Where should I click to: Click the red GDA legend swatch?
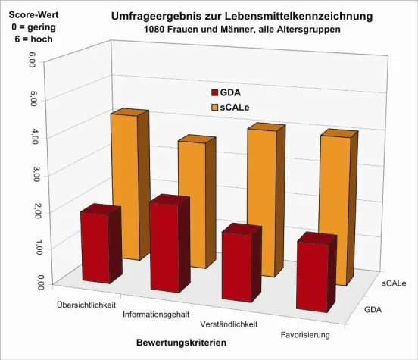click(x=214, y=92)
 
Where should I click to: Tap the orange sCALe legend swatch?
click(x=214, y=108)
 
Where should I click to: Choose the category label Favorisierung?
click(x=307, y=333)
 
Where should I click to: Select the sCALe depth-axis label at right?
click(x=393, y=283)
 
